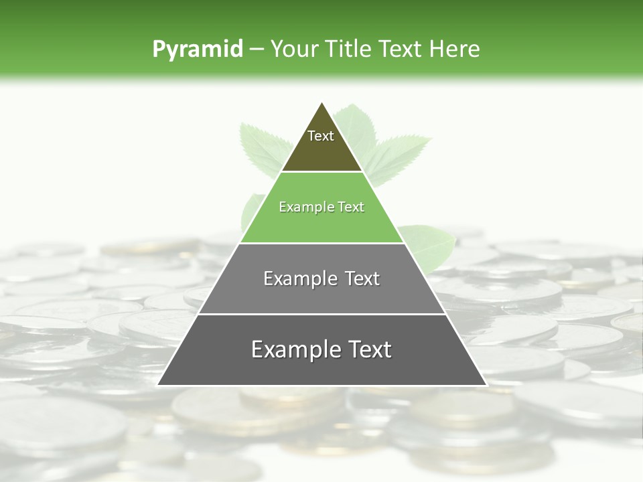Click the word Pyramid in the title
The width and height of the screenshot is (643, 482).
pos(197,50)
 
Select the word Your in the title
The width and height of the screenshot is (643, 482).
pos(294,50)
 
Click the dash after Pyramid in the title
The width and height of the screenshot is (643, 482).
pos(257,50)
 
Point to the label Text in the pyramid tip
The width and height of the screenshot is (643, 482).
pos(321,136)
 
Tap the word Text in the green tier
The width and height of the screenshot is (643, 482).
pos(351,208)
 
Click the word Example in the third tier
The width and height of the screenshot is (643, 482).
pos(293,278)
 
